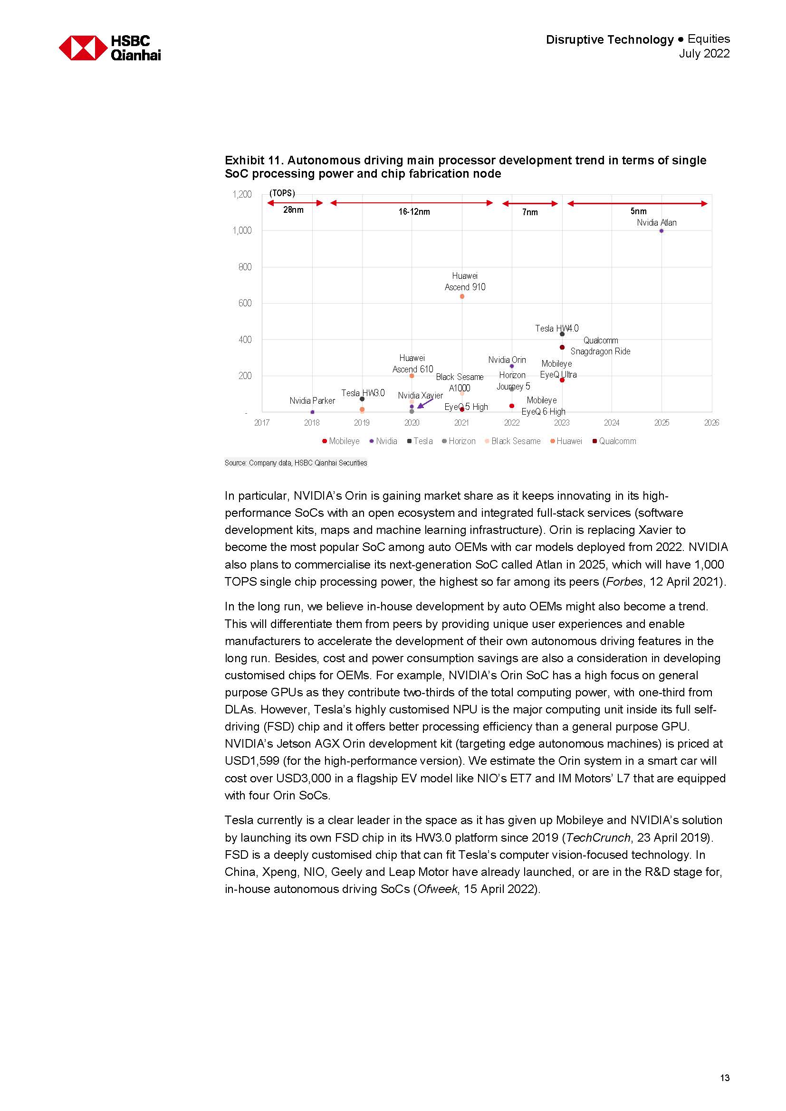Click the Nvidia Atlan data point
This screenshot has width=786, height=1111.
[661, 231]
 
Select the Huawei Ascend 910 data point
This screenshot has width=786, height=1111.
[462, 296]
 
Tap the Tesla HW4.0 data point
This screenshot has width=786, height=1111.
[562, 334]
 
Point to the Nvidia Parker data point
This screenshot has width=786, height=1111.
[312, 412]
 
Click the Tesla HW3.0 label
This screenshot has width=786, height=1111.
[363, 393]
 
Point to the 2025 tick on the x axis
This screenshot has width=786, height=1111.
[661, 422]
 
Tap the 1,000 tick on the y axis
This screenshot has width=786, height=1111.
[242, 230]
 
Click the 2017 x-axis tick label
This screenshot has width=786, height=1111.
[262, 422]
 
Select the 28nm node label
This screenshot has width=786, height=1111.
[293, 210]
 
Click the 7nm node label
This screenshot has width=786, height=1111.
[530, 212]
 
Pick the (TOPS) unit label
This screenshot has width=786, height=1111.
[282, 193]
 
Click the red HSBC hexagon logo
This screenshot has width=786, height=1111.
[83, 48]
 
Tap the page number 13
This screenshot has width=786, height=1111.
[725, 1078]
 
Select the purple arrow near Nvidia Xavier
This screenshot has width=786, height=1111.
[424, 403]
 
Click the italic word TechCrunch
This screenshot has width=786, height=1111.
[598, 837]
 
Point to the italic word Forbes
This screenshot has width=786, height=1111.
[623, 582]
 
